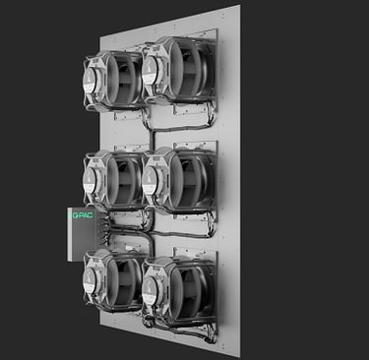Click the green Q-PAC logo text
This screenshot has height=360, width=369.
click(82, 215)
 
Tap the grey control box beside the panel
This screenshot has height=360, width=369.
click(82, 234)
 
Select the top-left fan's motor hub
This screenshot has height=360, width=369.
click(91, 79)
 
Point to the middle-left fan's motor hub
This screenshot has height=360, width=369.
click(90, 179)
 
